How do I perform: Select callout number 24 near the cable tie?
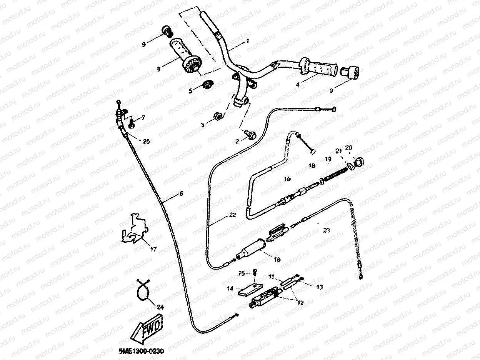click(x=160, y=307)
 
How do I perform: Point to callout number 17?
click(x=153, y=249)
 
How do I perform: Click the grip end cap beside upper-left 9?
click(x=167, y=30)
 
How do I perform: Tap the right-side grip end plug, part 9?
click(x=350, y=72)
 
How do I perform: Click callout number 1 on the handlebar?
click(x=248, y=40)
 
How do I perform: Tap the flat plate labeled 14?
click(x=250, y=288)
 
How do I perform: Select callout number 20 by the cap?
click(x=348, y=148)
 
